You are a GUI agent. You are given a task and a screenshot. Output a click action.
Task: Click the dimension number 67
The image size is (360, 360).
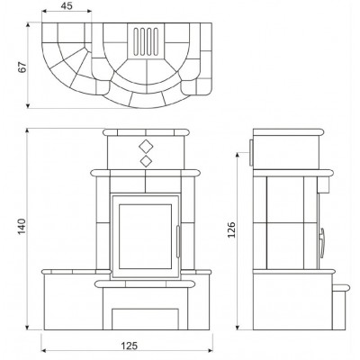tap(22, 67)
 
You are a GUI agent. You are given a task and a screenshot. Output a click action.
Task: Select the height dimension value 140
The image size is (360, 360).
tap(22, 227)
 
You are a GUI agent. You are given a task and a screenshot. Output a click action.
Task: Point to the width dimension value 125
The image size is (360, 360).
tap(130, 346)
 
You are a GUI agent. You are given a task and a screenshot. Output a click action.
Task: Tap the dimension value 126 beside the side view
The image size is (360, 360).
tap(231, 229)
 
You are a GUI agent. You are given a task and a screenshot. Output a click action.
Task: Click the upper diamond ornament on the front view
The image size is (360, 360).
tap(146, 147)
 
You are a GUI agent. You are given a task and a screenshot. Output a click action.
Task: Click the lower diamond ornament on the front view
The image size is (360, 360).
tap(146, 161)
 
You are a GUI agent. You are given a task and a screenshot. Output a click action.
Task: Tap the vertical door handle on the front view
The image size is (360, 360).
tap(178, 242)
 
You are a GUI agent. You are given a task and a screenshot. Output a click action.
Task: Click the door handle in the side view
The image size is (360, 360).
tap(322, 243)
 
